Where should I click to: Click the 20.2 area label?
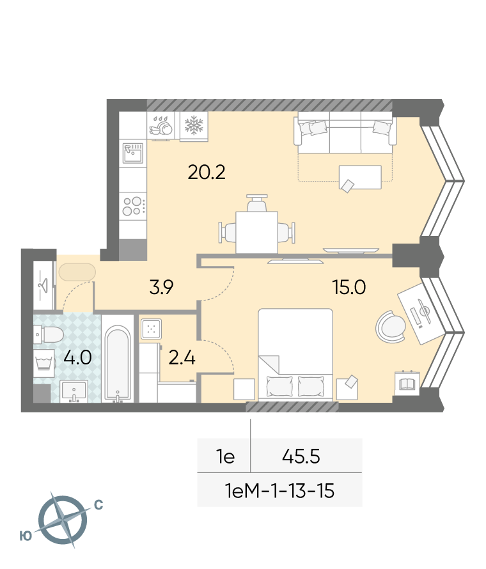pyautogui.click(x=207, y=172)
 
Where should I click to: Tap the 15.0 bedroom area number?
pyautogui.click(x=349, y=287)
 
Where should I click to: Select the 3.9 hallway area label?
pyautogui.click(x=162, y=287)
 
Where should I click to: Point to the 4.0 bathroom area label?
pyautogui.click(x=77, y=357)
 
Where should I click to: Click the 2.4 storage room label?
pyautogui.click(x=182, y=357)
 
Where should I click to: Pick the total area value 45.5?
pyautogui.click(x=301, y=456)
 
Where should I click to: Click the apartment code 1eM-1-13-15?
pyautogui.click(x=279, y=490)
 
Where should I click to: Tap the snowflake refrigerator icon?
pyautogui.click(x=194, y=125)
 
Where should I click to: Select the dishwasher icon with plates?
pyautogui.click(x=161, y=127)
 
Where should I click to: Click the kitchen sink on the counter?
pyautogui.click(x=133, y=153)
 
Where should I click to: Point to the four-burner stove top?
pyautogui.click(x=133, y=206)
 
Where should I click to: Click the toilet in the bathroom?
pyautogui.click(x=48, y=334)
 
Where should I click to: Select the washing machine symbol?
pyautogui.click(x=44, y=363)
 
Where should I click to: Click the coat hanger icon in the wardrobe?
pyautogui.click(x=44, y=286)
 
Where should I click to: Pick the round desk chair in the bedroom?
pyautogui.click(x=391, y=326)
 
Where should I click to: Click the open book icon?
pyautogui.click(x=407, y=383)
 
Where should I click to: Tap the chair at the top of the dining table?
pyautogui.click(x=257, y=203)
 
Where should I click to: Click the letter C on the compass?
pyautogui.click(x=98, y=505)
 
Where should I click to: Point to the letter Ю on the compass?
pyautogui.click(x=26, y=536)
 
